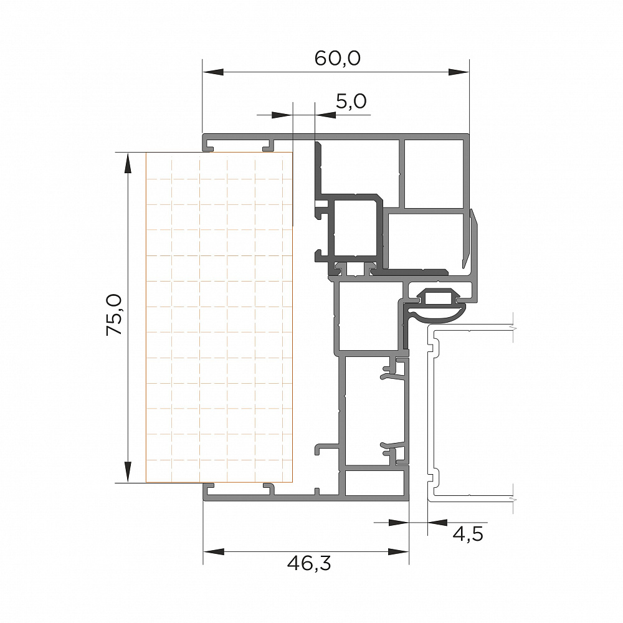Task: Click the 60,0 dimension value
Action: pos(337,59)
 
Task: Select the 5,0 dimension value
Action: pos(351,102)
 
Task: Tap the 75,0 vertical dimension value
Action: pos(114,315)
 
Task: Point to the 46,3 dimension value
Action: pos(309,563)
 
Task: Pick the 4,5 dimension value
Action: pos(468,534)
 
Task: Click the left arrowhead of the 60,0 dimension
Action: pos(213,72)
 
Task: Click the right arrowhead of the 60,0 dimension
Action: pos(459,72)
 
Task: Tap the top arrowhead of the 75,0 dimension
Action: pos(128,163)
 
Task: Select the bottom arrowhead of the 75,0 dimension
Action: pos(128,472)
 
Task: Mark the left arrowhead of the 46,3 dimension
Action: pos(213,551)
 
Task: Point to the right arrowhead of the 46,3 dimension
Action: pos(399,551)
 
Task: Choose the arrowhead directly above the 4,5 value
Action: pos(437,523)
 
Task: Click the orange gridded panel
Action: pos(219,318)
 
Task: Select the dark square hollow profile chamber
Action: pos(355,227)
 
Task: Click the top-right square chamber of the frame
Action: pos(434,174)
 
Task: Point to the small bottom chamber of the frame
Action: pos(374,483)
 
